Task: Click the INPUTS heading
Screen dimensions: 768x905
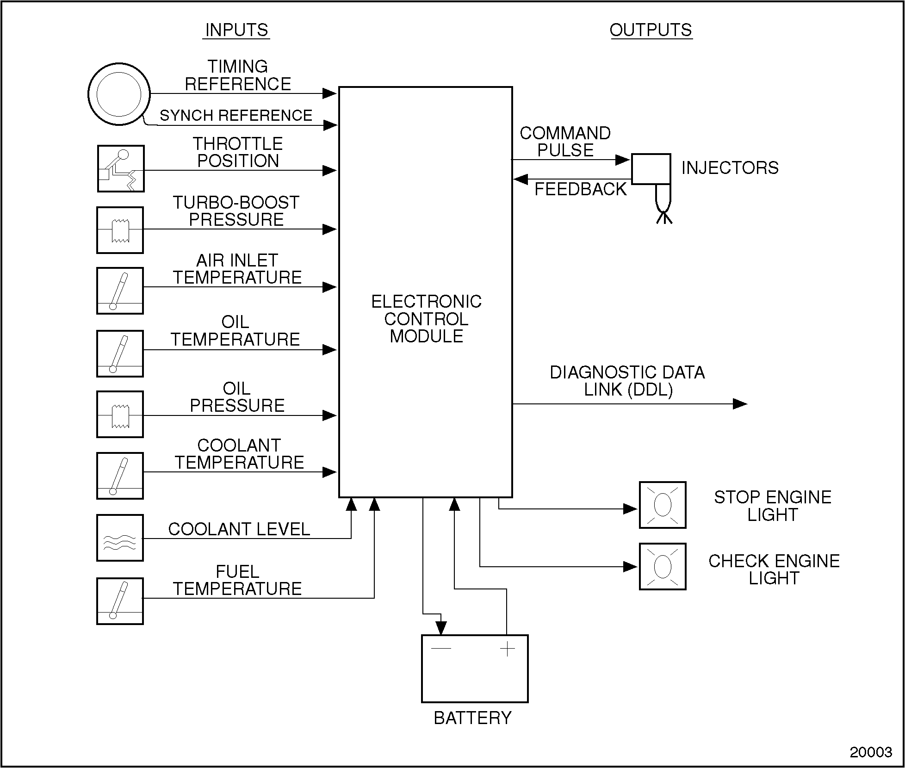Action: pos(236,30)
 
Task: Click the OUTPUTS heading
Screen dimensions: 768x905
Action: pos(651,30)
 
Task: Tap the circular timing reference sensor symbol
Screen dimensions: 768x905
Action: pos(119,94)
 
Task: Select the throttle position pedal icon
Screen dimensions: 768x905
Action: pos(121,169)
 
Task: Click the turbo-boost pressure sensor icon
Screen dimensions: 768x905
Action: pos(120,230)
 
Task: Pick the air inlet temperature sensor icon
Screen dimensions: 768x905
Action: pos(120,291)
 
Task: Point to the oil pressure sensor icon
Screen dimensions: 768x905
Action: pos(120,415)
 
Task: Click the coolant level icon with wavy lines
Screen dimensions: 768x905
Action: pos(120,538)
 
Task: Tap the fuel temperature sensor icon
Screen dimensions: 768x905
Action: pos(120,601)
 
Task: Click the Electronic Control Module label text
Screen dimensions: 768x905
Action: pos(426,319)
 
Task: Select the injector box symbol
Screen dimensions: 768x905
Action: pos(651,169)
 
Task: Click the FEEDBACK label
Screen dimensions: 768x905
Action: pos(580,189)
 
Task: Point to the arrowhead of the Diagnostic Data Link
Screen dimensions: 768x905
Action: pos(740,404)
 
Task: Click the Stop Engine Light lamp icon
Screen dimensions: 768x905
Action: pos(663,505)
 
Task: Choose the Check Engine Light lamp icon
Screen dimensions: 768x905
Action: pos(663,567)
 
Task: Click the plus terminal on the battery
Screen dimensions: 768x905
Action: pos(508,649)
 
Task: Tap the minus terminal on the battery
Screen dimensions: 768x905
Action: pos(440,648)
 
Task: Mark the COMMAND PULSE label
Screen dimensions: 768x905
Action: pos(565,142)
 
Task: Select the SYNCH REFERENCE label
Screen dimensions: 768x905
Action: pos(236,115)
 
